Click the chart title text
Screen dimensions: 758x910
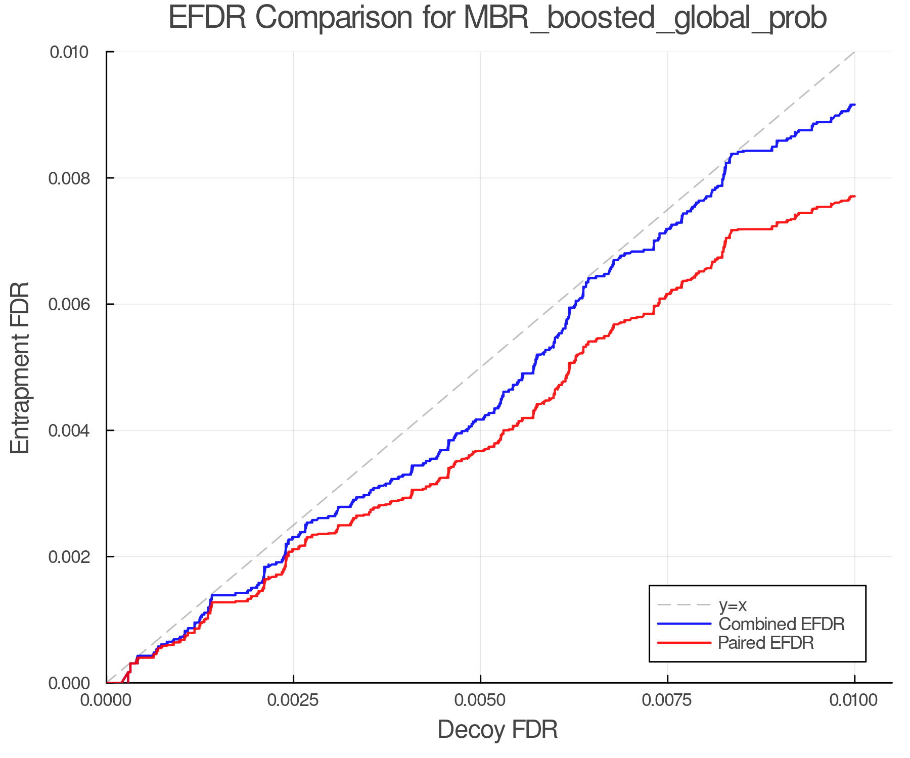click(497, 18)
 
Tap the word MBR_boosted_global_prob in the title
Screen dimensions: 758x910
click(645, 18)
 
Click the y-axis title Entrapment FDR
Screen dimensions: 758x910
click(20, 367)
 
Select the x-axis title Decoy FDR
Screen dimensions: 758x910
click(497, 729)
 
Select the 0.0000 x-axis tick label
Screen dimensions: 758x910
click(107, 700)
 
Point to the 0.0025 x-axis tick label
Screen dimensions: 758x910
click(293, 700)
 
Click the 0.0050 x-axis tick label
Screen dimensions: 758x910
click(480, 700)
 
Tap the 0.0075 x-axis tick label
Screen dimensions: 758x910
click(667, 700)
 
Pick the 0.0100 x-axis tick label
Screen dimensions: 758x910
click(854, 700)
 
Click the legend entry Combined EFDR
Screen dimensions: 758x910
click(781, 624)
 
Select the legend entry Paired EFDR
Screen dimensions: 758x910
click(765, 643)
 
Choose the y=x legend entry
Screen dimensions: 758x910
click(733, 605)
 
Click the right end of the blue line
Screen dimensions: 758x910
click(854, 105)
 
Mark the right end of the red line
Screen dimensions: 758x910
click(854, 196)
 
